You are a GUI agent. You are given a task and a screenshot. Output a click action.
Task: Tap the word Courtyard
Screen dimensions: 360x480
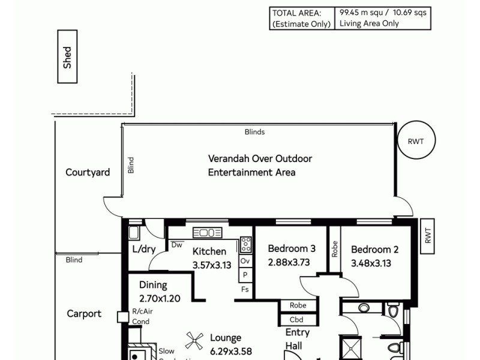(88, 173)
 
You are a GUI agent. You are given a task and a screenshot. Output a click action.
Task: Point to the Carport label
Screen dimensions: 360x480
(84, 314)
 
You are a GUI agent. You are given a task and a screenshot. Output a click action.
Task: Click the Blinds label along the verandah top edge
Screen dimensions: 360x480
(254, 132)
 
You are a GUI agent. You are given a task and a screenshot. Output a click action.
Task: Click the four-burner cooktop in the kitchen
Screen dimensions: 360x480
(245, 244)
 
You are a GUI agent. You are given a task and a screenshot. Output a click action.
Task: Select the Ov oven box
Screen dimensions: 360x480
(245, 262)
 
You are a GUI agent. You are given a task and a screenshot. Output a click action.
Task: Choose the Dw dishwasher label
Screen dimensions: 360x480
(177, 245)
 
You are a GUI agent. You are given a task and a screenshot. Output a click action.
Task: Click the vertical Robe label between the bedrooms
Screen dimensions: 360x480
(334, 249)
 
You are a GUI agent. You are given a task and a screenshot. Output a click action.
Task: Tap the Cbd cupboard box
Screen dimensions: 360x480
(296, 320)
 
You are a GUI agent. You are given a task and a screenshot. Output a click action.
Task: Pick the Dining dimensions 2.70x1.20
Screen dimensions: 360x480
(160, 298)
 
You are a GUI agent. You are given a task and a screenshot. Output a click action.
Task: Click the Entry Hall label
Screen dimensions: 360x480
(298, 340)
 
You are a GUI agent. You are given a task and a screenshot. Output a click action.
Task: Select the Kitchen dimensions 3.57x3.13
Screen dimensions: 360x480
(212, 265)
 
